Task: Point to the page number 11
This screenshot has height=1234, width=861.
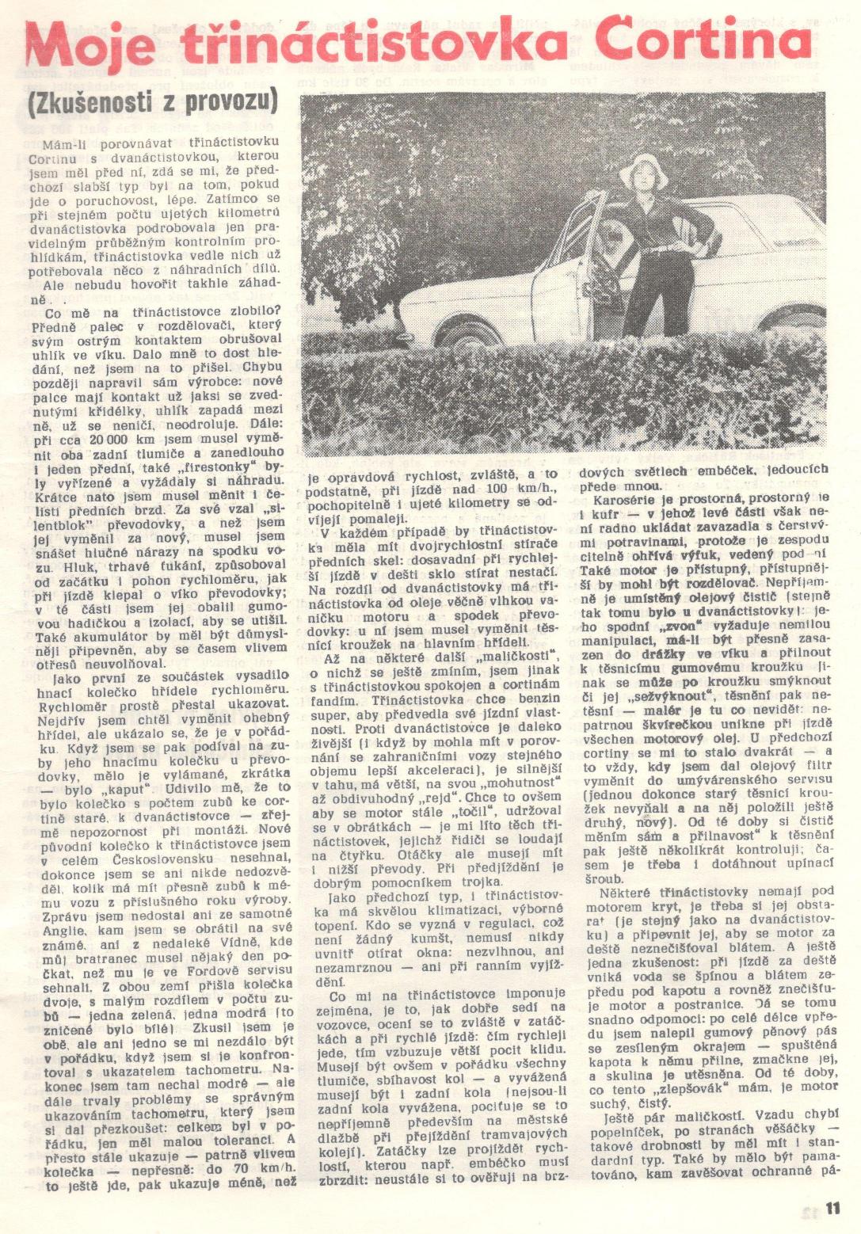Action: [x=832, y=1209]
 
